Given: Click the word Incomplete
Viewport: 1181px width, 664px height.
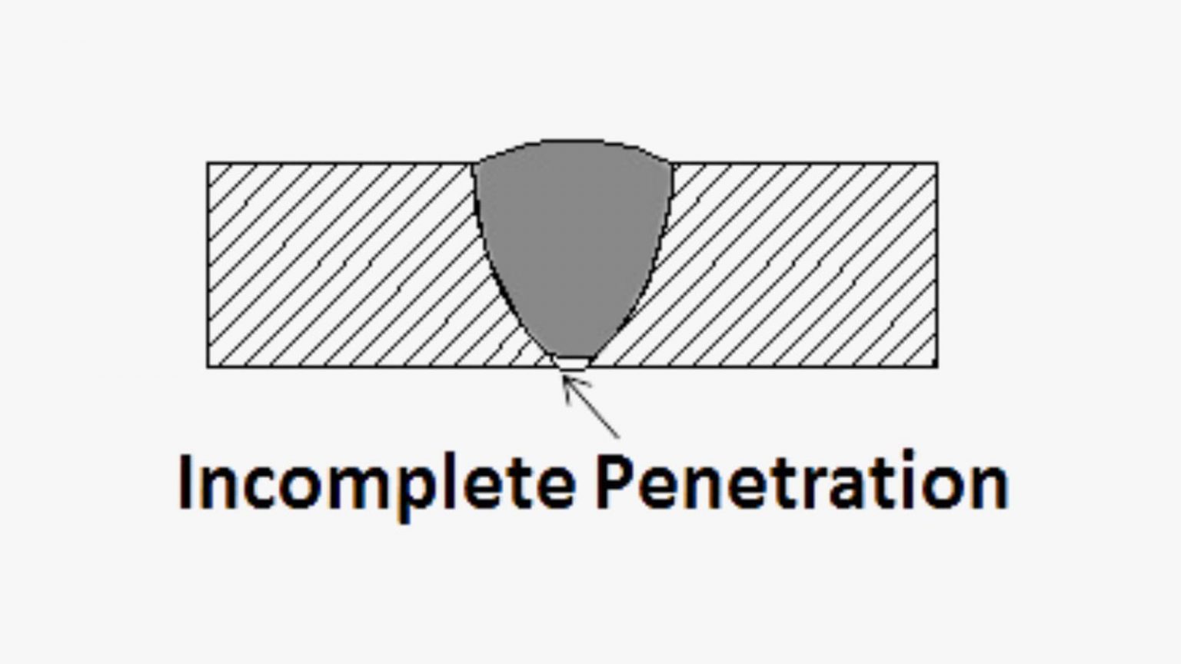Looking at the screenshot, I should coord(377,483).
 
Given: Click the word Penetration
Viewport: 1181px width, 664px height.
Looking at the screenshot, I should coord(801,483).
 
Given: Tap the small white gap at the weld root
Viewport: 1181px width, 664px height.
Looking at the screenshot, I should coord(573,363).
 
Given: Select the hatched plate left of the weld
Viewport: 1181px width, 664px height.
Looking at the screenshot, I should coord(338,265).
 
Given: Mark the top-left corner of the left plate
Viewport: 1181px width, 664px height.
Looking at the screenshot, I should coord(208,163).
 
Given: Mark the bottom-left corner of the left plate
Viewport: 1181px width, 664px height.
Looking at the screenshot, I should coord(208,367).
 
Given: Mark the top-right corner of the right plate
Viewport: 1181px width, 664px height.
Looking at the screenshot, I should coord(936,163).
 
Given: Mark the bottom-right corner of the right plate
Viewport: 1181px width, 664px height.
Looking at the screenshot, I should coord(936,367).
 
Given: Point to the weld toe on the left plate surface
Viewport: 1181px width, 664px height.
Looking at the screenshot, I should coord(474,164).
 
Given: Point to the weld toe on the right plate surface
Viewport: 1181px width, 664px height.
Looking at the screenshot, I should coord(673,164).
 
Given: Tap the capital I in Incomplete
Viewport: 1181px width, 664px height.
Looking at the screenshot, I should coord(187,483).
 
